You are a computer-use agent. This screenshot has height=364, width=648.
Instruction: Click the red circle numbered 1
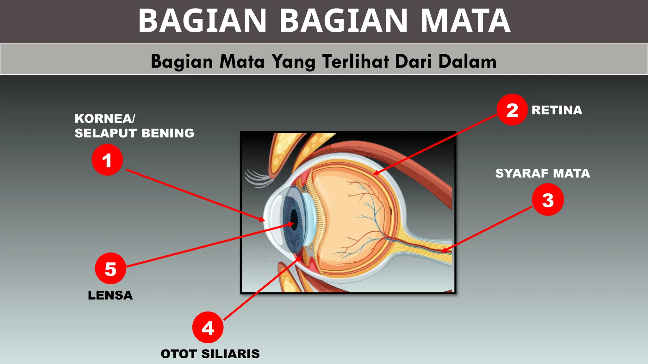pos(107,160)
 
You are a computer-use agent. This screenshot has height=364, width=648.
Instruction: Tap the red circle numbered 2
pos(512,110)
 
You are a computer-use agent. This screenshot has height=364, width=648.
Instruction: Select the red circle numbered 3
pos(548,200)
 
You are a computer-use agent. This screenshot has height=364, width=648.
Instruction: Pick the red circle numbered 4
pos(208,327)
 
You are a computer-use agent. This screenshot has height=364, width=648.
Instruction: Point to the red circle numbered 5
pos(110,269)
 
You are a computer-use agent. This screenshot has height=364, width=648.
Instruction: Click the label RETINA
pos(557,110)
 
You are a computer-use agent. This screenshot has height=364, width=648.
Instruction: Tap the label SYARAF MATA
pos(543,173)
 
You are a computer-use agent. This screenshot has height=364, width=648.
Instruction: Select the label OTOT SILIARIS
pos(210,354)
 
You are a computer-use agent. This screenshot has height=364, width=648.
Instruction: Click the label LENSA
pos(110,295)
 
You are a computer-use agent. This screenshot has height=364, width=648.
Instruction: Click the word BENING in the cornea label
pos(168,133)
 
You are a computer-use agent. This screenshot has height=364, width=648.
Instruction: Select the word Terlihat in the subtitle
pos(356,61)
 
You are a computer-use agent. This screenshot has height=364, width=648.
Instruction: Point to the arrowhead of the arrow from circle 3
pos(443,251)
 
